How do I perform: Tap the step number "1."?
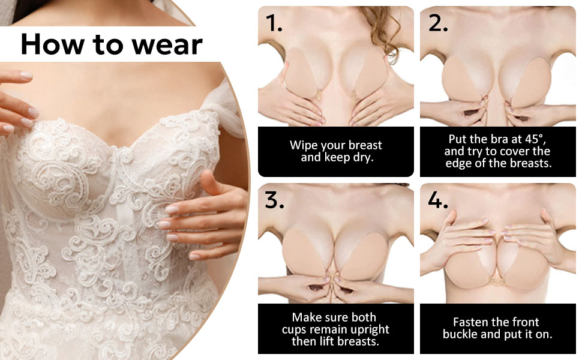pos(274,23)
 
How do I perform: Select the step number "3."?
pos(274,200)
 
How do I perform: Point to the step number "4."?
pos(438,200)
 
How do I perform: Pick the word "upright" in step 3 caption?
pos(368,329)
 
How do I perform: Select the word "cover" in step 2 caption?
pos(514,151)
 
